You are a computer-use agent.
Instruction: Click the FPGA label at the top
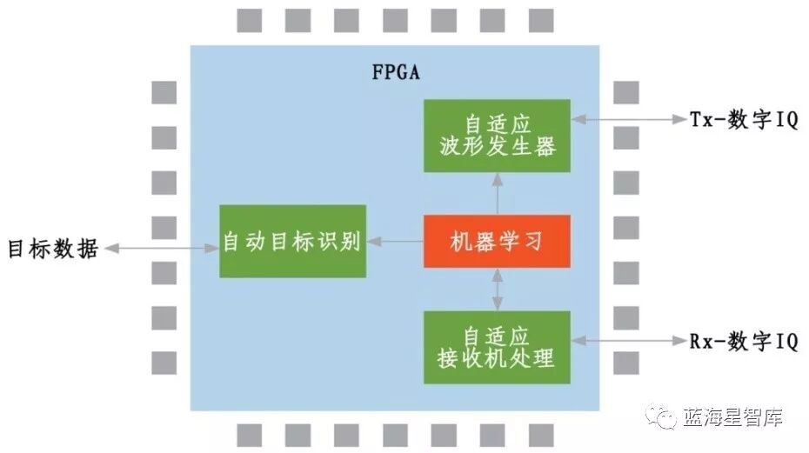coord(396,71)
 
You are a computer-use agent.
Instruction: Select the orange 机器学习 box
coord(497,241)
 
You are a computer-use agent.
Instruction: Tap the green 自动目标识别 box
coord(292,241)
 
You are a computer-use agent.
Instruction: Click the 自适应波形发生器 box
coord(497,135)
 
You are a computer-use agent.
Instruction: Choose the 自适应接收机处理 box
coord(497,346)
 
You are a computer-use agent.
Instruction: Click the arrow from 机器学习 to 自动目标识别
coord(394,241)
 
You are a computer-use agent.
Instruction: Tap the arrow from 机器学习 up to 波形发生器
coord(497,193)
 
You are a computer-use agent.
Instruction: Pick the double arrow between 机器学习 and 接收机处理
coord(497,290)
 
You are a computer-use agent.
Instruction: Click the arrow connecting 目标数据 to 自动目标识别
coord(161,249)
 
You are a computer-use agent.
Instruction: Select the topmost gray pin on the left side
coord(164,92)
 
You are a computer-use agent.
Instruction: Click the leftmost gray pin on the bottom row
coord(250,435)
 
